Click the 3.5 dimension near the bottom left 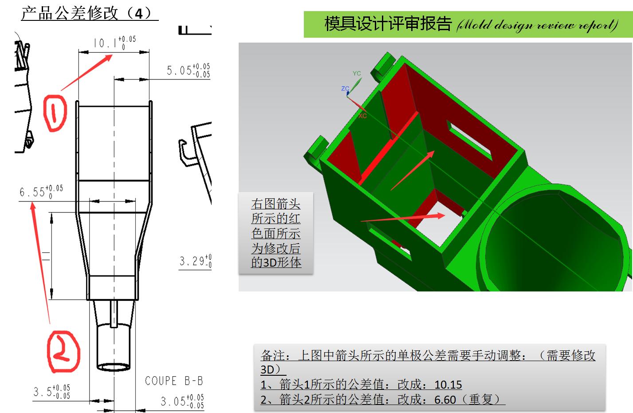51,392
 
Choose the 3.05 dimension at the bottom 182,401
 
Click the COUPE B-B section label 173,381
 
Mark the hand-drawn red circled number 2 63,352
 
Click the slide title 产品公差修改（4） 89,13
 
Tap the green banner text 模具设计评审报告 388,24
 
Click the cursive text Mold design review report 537,25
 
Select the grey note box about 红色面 275,233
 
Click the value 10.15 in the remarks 448,384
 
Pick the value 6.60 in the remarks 445,400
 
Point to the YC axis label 357,74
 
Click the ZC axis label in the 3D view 345,89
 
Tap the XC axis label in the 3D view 362,116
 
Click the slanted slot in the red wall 468,139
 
